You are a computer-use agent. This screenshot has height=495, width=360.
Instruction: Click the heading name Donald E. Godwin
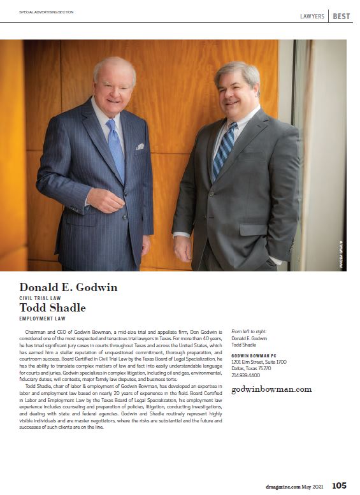(68, 287)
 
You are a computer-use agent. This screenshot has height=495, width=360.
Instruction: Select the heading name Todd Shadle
(52, 308)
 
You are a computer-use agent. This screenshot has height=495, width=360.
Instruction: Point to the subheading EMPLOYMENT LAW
(42, 318)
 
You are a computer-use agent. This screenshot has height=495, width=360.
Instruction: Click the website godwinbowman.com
(271, 389)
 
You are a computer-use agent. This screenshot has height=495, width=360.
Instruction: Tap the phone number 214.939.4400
(245, 375)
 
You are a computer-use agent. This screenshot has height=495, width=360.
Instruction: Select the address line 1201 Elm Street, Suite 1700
(259, 362)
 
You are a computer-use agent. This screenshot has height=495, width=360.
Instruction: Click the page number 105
(339, 486)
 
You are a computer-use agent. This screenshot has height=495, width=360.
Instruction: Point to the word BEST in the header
(341, 16)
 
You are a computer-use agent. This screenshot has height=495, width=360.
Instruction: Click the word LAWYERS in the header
(312, 16)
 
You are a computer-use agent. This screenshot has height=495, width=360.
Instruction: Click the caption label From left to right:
(250, 332)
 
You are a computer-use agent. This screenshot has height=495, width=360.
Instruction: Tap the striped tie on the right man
(224, 150)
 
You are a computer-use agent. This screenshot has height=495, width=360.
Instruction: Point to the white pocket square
(140, 147)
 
